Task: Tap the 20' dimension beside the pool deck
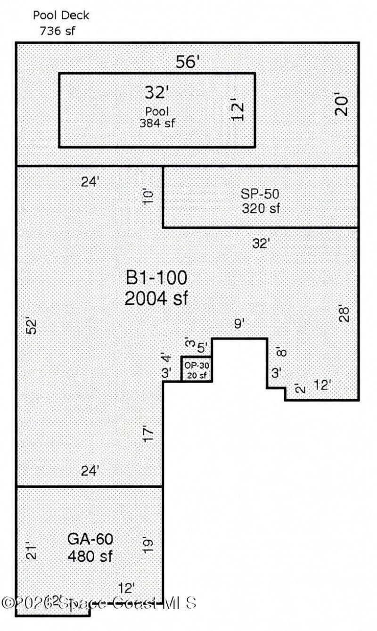342,106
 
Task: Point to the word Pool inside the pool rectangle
157,112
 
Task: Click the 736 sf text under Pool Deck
57,32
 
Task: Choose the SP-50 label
260,194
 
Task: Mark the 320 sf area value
261,208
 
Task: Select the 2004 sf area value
156,298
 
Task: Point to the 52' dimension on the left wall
31,327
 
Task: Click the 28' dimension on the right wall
345,314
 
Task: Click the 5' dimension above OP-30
202,348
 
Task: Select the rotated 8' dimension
281,352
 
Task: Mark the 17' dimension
148,434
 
